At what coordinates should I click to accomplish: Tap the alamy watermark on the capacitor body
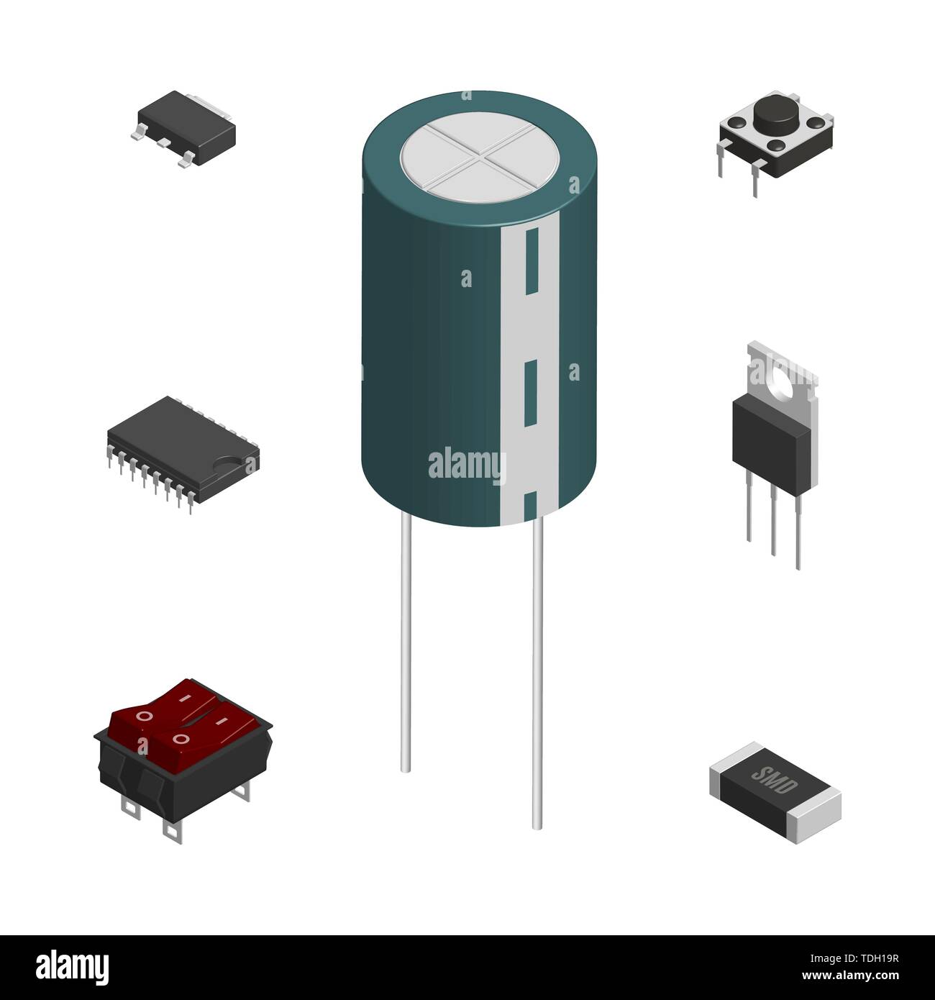(x=467, y=464)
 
